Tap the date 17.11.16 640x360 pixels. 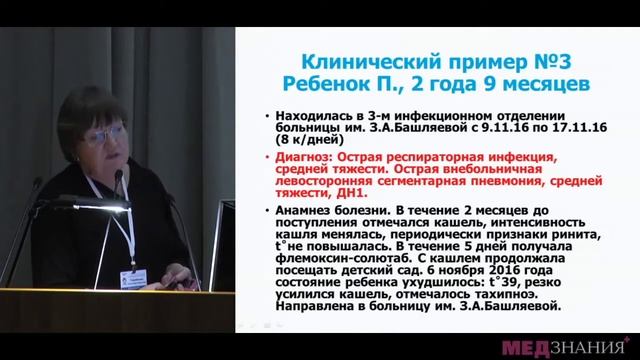click(x=546, y=130)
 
